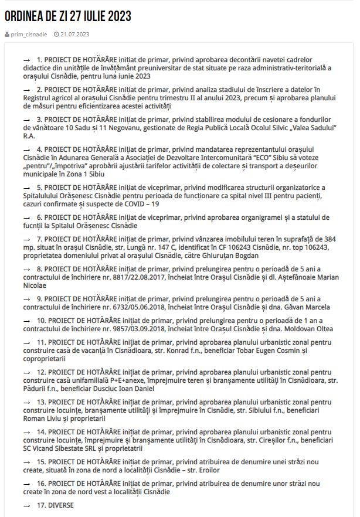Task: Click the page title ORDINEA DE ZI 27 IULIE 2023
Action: coord(68,16)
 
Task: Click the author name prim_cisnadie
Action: coord(29,35)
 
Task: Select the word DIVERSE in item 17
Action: coord(61,505)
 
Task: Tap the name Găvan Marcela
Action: coord(307,307)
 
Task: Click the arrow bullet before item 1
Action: coord(26,60)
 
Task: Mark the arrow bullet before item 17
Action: coord(26,505)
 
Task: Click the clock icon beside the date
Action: coord(56,35)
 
